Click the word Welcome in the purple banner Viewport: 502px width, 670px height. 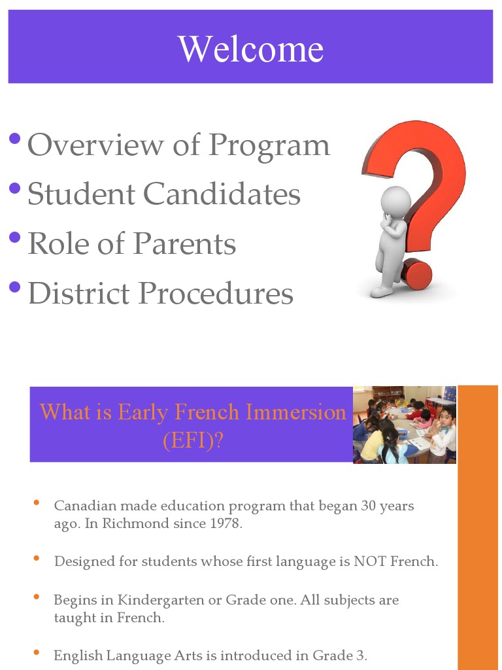[x=251, y=49]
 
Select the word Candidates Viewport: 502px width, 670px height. [x=222, y=194]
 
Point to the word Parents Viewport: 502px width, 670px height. [x=184, y=243]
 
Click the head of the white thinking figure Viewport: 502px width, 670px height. [x=396, y=200]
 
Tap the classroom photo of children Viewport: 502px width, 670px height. [x=405, y=425]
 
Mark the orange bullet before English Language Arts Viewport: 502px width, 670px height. [x=37, y=653]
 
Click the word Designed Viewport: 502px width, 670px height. [x=81, y=561]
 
